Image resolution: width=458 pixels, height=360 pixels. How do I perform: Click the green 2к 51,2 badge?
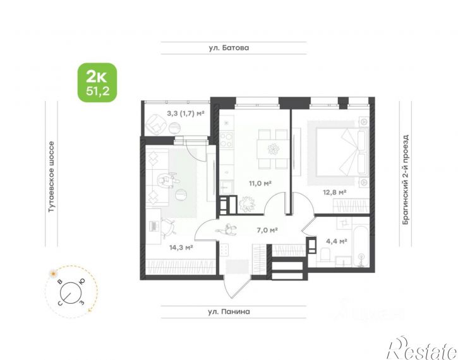pos(97,82)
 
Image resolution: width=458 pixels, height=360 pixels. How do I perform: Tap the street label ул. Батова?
pos(229,48)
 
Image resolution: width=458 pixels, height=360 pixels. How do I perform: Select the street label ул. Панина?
pos(229,311)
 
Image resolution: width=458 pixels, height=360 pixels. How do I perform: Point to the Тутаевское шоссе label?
pos(51,177)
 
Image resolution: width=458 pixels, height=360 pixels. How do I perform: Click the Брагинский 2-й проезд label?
pos(405,179)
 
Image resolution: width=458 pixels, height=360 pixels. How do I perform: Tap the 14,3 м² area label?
pos(181,248)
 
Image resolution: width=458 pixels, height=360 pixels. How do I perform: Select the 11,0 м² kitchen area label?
pos(260,183)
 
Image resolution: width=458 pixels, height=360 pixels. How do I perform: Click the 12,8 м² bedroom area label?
pos(334,192)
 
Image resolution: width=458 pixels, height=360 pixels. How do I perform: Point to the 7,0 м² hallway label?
pos(267,230)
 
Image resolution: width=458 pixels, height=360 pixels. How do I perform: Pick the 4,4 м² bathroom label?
pos(337,241)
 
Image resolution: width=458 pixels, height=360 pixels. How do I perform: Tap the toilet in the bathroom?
pos(325,255)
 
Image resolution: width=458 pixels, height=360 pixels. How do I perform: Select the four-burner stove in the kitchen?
pos(227,140)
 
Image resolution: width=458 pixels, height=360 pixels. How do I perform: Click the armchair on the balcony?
pos(155,124)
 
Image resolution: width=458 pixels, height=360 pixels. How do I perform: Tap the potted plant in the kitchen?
pos(247,203)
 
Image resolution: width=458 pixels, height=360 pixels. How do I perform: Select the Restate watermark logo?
pos(422,348)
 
